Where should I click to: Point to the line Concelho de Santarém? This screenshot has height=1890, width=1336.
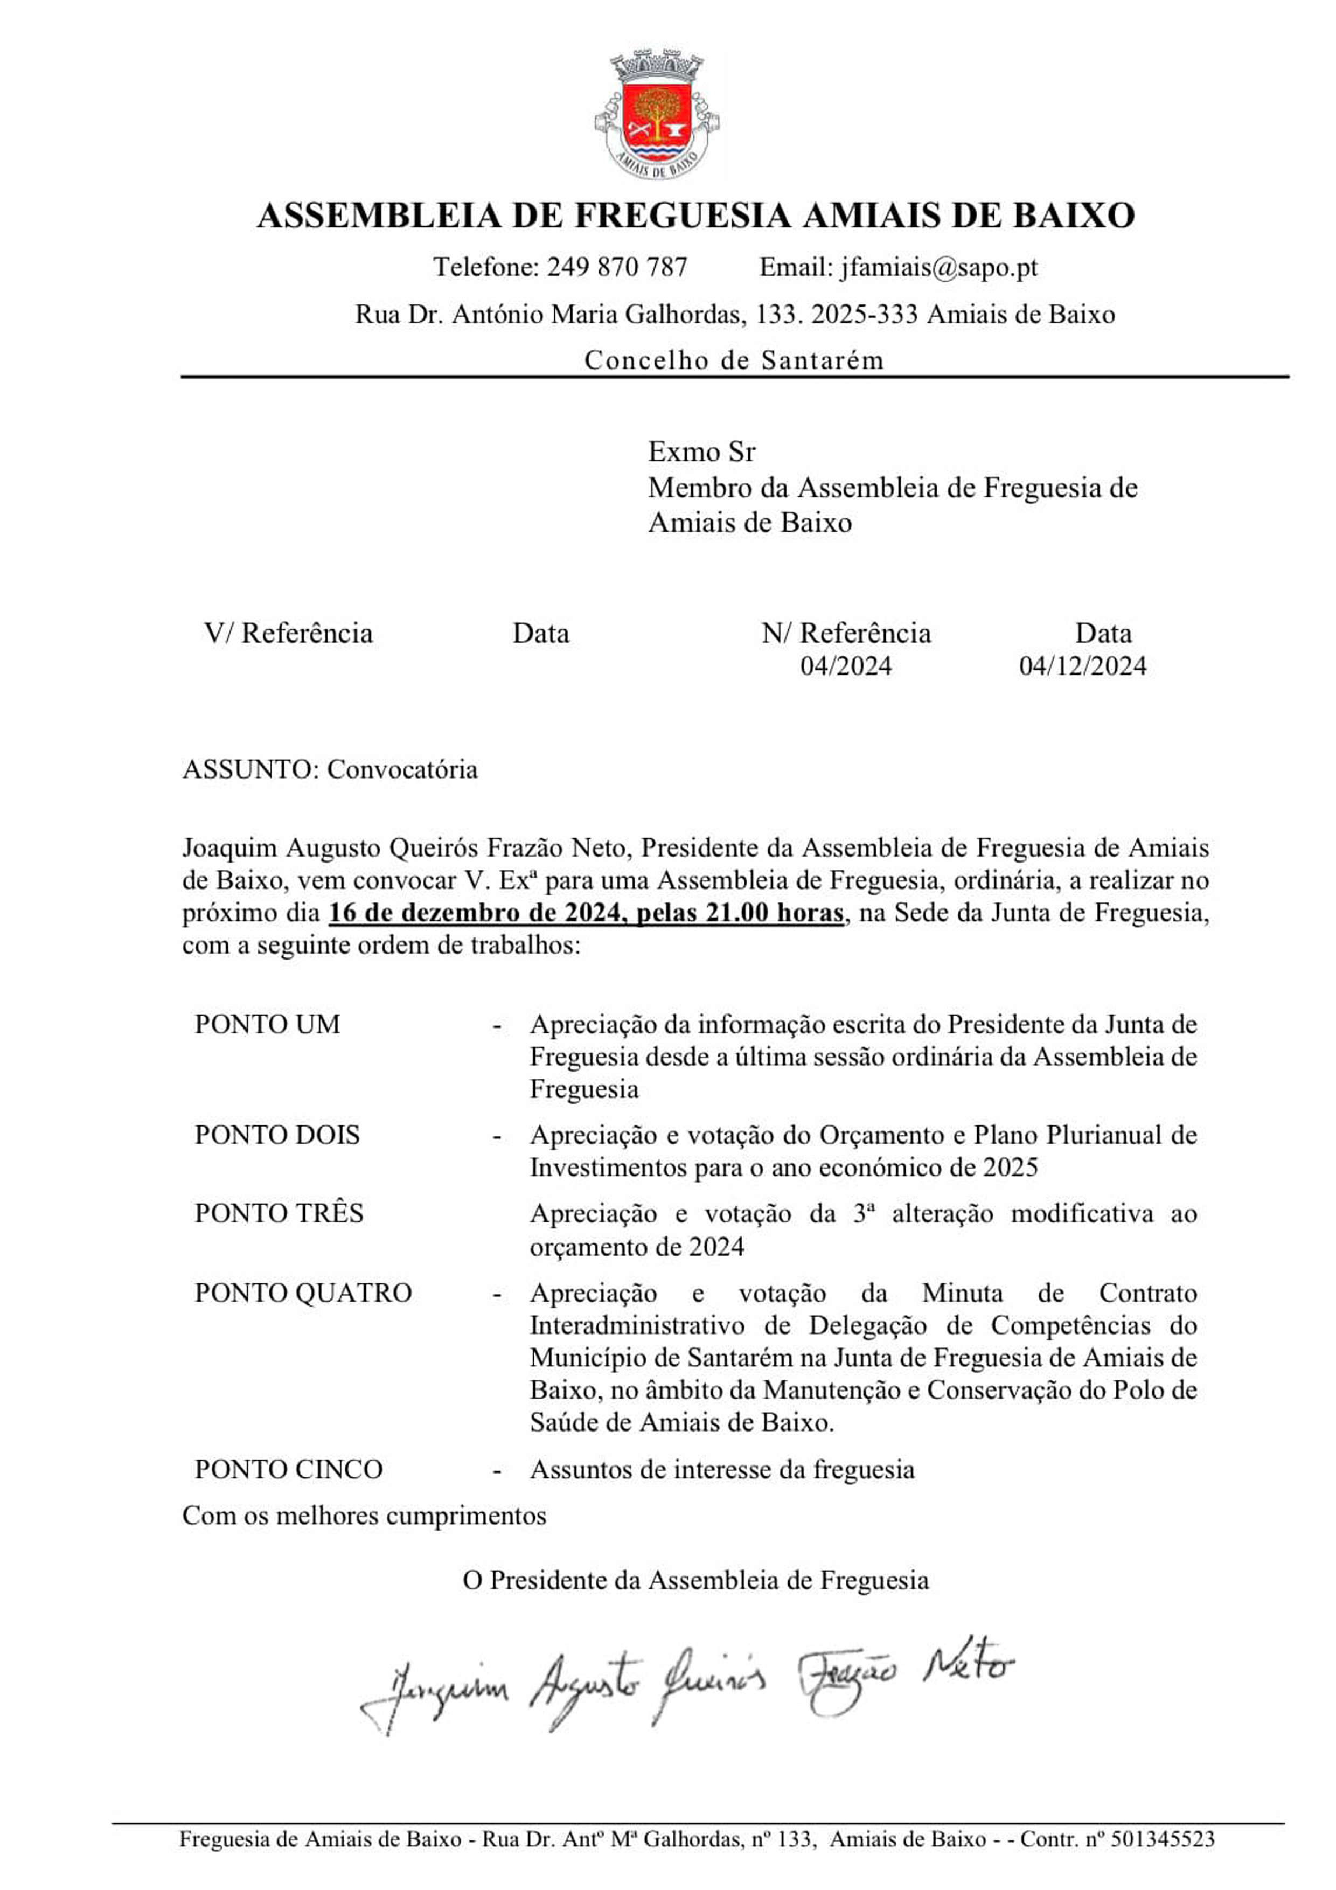[734, 360]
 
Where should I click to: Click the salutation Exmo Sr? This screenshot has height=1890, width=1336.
[701, 452]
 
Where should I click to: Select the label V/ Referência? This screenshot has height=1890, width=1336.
[288, 633]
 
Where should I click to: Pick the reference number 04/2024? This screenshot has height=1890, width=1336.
[845, 666]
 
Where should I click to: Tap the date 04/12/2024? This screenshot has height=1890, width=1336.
[1082, 666]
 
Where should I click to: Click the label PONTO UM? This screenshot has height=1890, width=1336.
[268, 1025]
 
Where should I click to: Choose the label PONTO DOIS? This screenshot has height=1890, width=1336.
[277, 1136]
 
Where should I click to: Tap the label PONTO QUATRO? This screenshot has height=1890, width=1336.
[303, 1293]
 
